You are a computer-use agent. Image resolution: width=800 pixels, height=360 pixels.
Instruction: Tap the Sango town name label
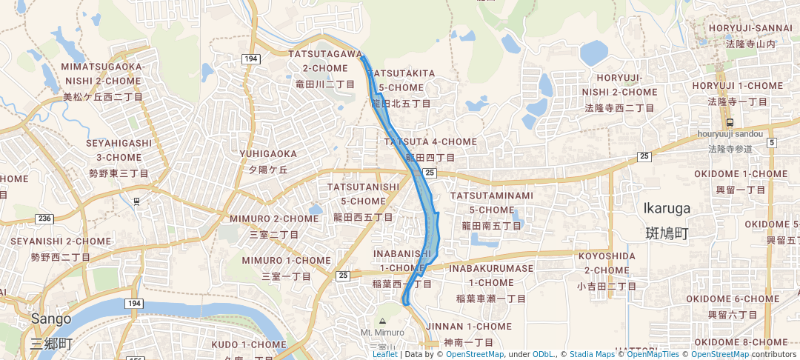(x=51, y=319)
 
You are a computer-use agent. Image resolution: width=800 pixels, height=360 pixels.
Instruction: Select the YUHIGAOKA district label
(x=267, y=154)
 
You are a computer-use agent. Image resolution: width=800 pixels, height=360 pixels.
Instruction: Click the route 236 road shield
(x=45, y=219)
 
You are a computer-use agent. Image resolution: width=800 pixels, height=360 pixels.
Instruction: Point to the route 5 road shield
(x=771, y=142)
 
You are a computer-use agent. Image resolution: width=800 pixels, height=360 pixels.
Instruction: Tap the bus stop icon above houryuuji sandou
(x=730, y=123)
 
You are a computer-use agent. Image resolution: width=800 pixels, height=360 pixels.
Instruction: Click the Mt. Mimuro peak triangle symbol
(x=382, y=321)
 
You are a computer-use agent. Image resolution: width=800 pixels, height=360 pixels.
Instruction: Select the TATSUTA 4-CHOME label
(x=430, y=141)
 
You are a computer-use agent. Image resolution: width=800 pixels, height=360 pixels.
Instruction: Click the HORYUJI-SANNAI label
(x=751, y=28)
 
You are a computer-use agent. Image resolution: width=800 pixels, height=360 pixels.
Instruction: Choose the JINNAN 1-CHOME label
(x=478, y=326)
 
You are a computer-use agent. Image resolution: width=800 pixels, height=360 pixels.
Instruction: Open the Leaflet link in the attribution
(x=384, y=354)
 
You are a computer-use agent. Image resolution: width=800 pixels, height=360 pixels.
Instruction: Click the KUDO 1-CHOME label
(x=248, y=344)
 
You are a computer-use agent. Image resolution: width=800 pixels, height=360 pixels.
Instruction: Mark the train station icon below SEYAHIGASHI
(x=136, y=201)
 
